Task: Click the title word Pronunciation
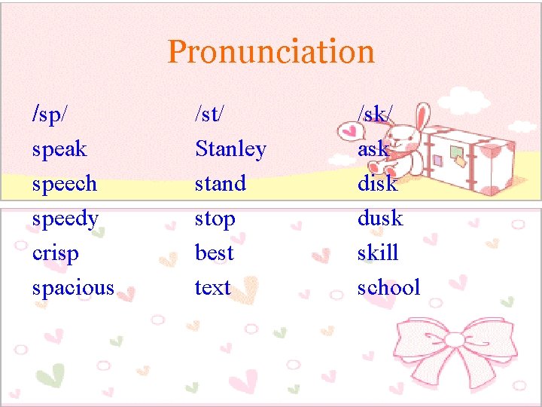(271, 52)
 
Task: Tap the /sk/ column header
(374, 114)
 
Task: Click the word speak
(59, 149)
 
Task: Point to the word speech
(65, 184)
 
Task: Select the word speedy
(65, 219)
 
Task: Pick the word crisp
(55, 254)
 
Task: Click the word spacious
(73, 288)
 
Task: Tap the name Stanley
(230, 149)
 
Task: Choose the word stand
(221, 184)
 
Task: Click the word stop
(215, 219)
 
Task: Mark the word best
(214, 253)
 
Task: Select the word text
(212, 287)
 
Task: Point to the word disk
(377, 183)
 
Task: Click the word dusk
(380, 219)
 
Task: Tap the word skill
(378, 252)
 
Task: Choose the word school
(388, 287)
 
